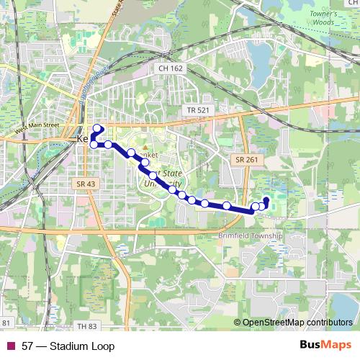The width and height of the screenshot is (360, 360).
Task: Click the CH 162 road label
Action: [169, 68]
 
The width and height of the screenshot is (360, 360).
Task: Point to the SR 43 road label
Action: [85, 184]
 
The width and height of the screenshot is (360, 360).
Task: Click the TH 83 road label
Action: [86, 326]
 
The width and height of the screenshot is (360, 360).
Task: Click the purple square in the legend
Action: [10, 346]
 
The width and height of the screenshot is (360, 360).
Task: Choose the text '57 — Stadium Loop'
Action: [68, 346]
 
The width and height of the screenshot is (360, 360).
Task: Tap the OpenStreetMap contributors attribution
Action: [297, 323]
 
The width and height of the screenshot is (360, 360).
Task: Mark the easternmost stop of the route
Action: [266, 200]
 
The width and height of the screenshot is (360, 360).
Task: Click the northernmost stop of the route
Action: [96, 128]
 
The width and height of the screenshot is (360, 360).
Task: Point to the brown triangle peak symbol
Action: [143, 148]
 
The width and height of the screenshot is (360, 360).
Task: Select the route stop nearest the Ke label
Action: [94, 145]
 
